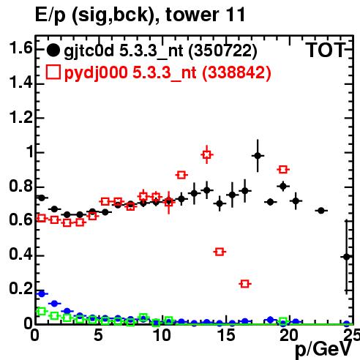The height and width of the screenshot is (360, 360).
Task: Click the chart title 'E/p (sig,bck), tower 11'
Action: pos(140,15)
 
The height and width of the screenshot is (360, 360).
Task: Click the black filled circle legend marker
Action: pos(53,50)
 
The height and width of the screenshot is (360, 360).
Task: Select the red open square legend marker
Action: pos(53,72)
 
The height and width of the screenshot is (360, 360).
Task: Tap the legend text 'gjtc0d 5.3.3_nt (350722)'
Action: pos(160,51)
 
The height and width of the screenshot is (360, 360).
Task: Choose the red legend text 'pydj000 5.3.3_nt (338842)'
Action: pos(168,72)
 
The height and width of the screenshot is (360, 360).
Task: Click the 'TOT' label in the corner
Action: pos(326,50)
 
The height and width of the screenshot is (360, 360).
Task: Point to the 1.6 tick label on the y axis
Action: pos(20,48)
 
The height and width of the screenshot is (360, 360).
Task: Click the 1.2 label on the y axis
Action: pos(20,117)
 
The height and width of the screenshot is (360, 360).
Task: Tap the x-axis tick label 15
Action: pos(227,335)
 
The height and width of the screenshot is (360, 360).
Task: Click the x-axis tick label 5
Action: pos(98,335)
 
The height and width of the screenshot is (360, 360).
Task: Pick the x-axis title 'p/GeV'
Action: pos(323,350)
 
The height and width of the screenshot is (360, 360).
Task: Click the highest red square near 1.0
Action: pos(207,154)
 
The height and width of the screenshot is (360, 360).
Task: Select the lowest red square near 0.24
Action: pos(245,284)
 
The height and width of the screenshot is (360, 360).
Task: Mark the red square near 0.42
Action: pos(220,252)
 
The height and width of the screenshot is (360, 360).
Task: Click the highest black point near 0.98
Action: pos(258,156)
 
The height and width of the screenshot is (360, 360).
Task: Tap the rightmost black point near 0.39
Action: pos(347,257)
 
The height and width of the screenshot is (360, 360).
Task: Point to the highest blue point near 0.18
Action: pos(42,294)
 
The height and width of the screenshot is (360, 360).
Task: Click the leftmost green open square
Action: pos(42,311)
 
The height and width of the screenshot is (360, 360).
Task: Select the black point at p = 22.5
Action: pos(321,211)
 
